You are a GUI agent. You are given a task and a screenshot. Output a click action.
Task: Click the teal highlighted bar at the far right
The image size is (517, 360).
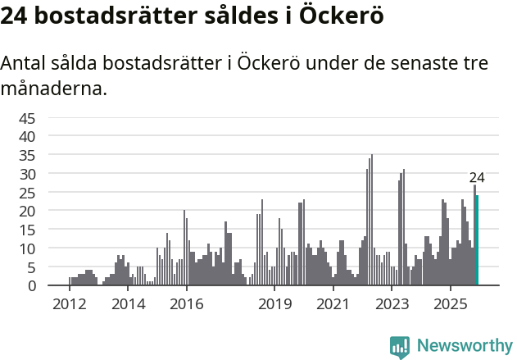[x=477, y=240]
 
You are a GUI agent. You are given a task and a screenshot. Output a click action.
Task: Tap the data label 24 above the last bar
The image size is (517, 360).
[x=477, y=178]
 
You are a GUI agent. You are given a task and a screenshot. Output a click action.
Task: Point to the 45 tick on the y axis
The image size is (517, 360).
[x=28, y=117]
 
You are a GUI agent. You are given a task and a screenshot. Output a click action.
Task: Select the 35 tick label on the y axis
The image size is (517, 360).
[x=28, y=155]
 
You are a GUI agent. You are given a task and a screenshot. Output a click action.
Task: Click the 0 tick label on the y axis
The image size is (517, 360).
[x=32, y=285]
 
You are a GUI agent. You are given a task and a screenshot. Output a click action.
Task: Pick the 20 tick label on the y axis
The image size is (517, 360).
[x=28, y=211]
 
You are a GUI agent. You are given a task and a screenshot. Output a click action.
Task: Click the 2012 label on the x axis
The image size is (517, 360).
[x=69, y=304]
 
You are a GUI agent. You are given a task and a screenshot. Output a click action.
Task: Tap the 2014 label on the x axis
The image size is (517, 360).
[x=128, y=304]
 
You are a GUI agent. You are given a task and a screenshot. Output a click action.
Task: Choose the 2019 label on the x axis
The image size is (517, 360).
[x=274, y=304]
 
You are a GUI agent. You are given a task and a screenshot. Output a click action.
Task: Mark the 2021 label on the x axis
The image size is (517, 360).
[x=333, y=304]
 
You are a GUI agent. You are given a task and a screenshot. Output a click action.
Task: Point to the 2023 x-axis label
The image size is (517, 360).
[x=392, y=304]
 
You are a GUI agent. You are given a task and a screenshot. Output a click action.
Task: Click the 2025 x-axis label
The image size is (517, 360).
[x=450, y=304]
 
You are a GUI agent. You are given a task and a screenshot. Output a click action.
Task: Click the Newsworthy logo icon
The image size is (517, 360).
[x=400, y=347]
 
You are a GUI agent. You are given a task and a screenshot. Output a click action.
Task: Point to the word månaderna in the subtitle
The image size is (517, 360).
[x=54, y=89]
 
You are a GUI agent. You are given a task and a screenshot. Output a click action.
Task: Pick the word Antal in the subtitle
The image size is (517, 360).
[x=25, y=64]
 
